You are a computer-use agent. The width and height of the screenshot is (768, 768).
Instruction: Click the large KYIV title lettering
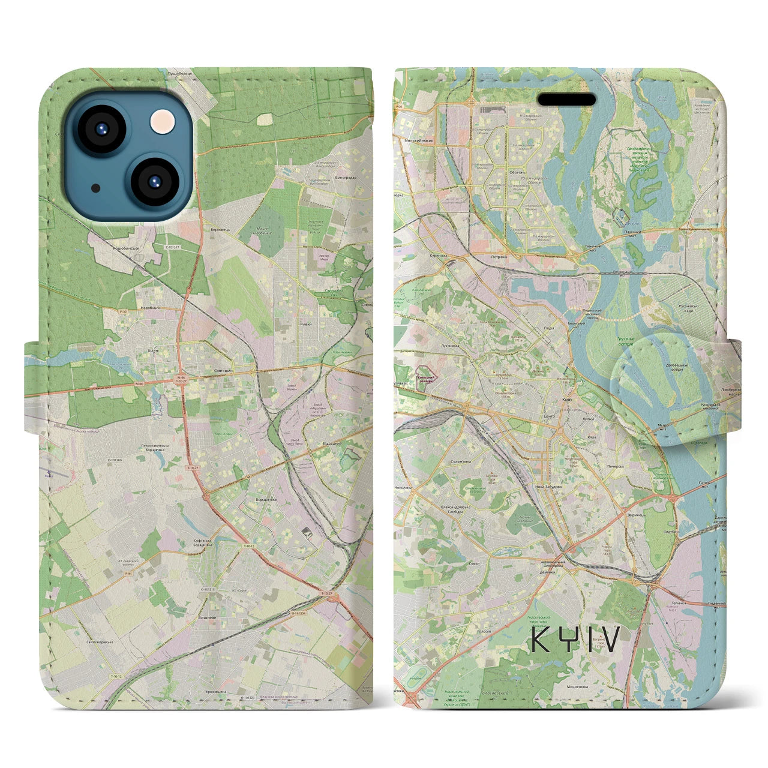[575, 640]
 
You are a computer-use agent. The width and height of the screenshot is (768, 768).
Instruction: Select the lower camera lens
[152, 181]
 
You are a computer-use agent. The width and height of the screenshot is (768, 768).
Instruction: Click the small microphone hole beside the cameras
[96, 188]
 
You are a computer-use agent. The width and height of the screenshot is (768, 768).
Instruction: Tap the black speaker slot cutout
[566, 99]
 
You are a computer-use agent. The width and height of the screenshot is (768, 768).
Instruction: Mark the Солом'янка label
[460, 462]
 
